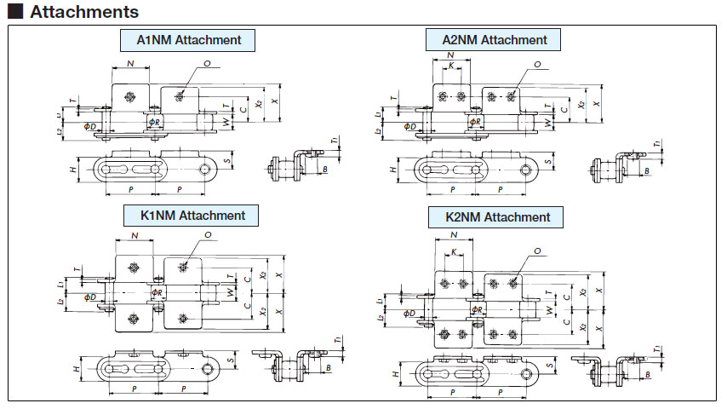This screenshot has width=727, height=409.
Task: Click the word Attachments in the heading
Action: pyautogui.click(x=83, y=12)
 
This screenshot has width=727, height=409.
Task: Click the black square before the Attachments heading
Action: pyautogui.click(x=14, y=12)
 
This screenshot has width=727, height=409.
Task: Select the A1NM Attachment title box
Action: pyautogui.click(x=189, y=40)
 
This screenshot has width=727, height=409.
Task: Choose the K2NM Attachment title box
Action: pyautogui.click(x=497, y=217)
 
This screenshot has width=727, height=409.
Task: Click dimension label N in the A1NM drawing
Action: pyautogui.click(x=129, y=64)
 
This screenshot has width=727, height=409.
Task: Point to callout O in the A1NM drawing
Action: pyautogui.click(x=208, y=64)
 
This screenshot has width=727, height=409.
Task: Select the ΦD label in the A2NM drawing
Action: pyautogui.click(x=409, y=127)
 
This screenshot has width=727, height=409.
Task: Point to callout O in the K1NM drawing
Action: pyautogui.click(x=208, y=235)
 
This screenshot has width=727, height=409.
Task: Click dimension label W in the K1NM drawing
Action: pyautogui.click(x=230, y=291)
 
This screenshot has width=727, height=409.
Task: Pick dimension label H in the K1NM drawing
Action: pyautogui.click(x=76, y=369)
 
